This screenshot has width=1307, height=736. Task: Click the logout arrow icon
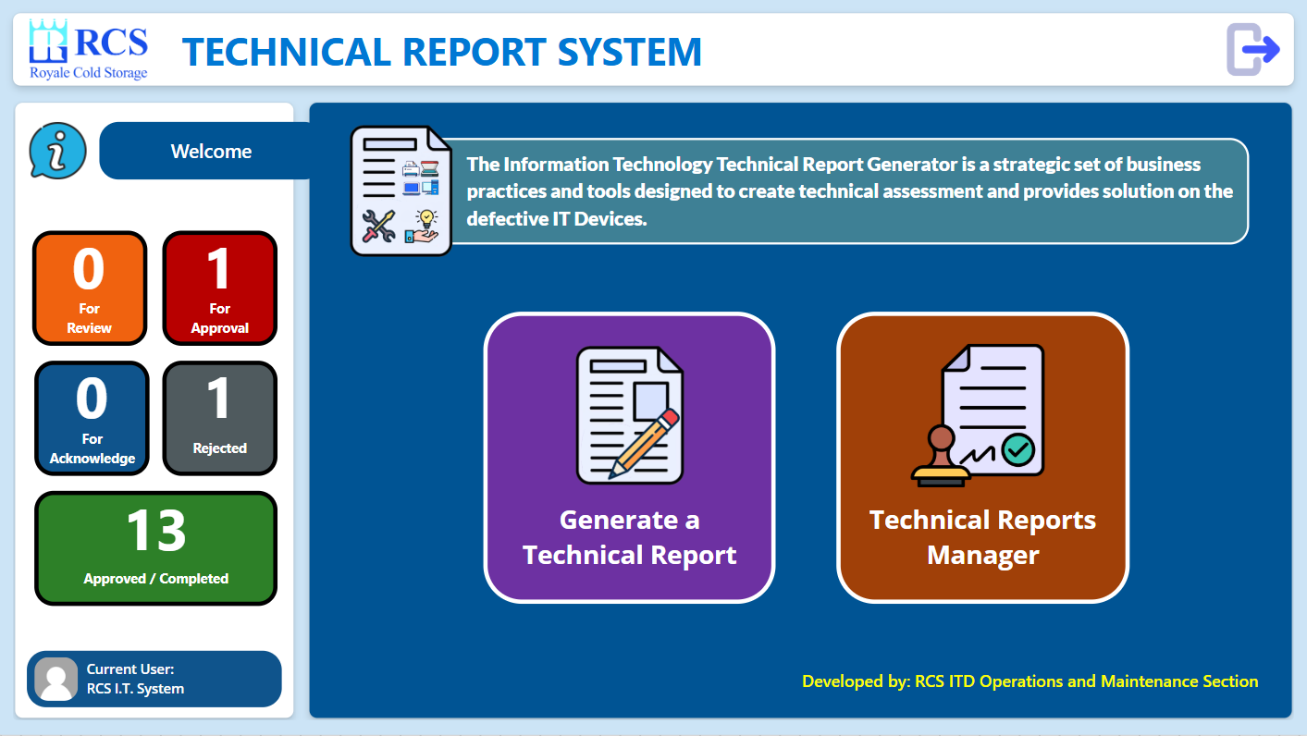(1252, 50)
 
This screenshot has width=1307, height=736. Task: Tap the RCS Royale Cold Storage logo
(89, 50)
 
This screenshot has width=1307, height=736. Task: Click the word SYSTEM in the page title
(630, 52)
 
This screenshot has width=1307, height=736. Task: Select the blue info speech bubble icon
(57, 151)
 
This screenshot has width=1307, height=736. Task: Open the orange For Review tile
(90, 288)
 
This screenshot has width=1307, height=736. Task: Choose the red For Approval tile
(219, 288)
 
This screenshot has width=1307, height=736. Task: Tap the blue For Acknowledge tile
(92, 418)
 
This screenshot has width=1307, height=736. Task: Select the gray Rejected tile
(219, 418)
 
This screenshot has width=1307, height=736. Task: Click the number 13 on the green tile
(155, 530)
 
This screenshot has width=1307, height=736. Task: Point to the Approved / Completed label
(155, 579)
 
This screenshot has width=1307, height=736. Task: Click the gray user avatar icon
(56, 679)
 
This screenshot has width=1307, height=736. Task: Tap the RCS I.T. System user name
(135, 689)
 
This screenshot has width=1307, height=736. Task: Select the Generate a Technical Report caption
(630, 537)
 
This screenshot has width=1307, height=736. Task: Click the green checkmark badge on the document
(1018, 449)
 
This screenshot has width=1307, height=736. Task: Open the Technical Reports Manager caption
(982, 537)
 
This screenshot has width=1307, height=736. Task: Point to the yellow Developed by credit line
(1030, 681)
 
